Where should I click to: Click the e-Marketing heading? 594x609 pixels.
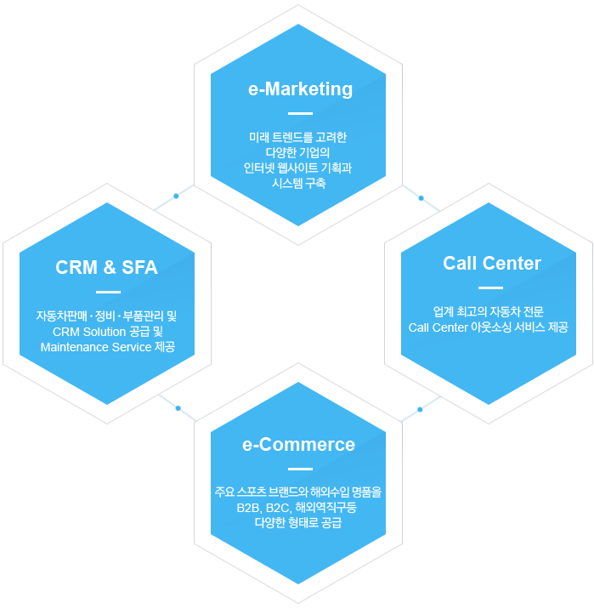click(x=300, y=89)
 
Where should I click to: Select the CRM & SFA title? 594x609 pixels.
click(x=107, y=267)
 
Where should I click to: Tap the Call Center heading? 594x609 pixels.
click(x=492, y=263)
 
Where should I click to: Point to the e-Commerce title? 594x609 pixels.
click(x=298, y=444)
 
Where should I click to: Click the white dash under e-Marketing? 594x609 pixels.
click(x=300, y=113)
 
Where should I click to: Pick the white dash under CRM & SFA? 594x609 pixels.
click(x=108, y=292)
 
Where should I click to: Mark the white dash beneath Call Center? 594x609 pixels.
click(x=491, y=287)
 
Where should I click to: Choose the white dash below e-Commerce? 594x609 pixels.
click(x=300, y=469)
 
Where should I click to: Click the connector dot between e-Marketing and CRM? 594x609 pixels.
click(x=176, y=196)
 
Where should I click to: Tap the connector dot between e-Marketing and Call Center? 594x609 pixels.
click(x=421, y=198)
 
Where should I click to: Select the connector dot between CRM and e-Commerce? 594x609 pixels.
click(x=178, y=408)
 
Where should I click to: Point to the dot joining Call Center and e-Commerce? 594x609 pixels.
click(x=420, y=409)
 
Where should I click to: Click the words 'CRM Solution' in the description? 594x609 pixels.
click(x=89, y=332)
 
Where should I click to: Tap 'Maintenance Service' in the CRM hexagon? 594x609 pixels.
click(x=96, y=347)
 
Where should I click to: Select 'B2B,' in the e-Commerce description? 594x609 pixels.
click(x=249, y=508)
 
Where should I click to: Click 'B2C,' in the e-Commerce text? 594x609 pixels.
click(x=279, y=508)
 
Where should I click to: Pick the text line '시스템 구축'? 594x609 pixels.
click(x=298, y=183)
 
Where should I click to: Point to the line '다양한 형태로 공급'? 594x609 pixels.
click(x=298, y=522)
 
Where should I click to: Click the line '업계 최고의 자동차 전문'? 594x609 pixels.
click(x=488, y=311)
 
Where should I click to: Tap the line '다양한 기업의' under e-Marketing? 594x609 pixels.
click(x=297, y=152)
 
